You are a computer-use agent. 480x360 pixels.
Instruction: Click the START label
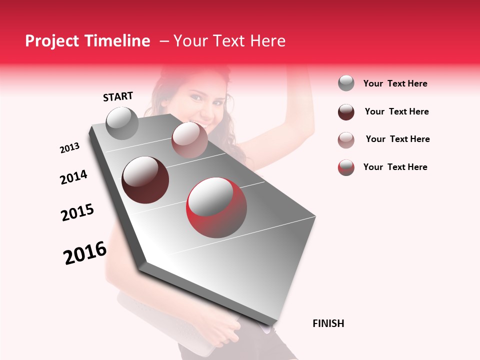pyautogui.click(x=118, y=96)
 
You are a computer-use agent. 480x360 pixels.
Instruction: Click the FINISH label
pyautogui.click(x=328, y=323)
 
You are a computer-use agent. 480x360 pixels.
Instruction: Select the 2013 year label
pyautogui.click(x=70, y=148)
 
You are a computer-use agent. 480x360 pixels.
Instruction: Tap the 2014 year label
pyautogui.click(x=73, y=177)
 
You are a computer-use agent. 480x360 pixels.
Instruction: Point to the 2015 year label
pyautogui.click(x=77, y=212)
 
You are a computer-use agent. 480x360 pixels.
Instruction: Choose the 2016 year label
pyautogui.click(x=85, y=252)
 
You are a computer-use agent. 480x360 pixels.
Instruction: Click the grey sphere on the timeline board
pyautogui.click(x=122, y=123)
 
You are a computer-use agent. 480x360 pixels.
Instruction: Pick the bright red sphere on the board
pyautogui.click(x=216, y=207)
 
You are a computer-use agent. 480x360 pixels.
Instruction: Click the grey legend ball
pyautogui.click(x=346, y=83)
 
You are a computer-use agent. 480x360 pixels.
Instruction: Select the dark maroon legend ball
pyautogui.click(x=346, y=112)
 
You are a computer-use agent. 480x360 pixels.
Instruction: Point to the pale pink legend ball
pyautogui.click(x=346, y=140)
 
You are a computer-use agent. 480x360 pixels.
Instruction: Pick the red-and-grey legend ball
pyautogui.click(x=346, y=167)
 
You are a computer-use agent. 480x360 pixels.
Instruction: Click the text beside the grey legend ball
pyautogui.click(x=395, y=83)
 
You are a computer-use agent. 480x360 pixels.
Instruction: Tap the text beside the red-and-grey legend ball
pyautogui.click(x=395, y=167)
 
